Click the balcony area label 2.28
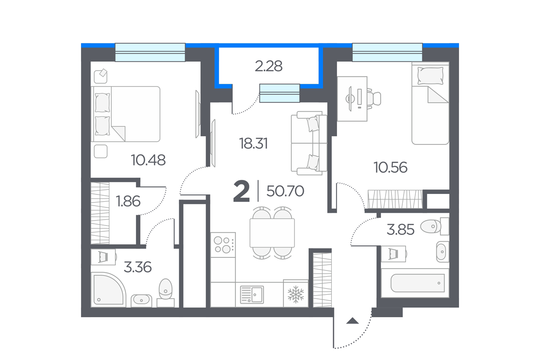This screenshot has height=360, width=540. point(269,66)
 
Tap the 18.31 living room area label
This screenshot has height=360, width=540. point(253,144)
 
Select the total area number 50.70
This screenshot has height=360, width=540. point(285,191)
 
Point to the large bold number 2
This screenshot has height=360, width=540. point(241,191)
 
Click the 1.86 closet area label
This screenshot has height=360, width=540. point(128,201)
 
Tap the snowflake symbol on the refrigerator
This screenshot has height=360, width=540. point(296,294)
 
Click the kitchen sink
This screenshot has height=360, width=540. point(252,294)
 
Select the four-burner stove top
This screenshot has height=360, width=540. point(223,245)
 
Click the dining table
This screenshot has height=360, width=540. point(272,233)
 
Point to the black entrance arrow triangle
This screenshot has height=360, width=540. point(352,321)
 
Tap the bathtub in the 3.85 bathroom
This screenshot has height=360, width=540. point(417,283)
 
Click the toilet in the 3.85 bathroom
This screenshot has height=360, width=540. point(434,226)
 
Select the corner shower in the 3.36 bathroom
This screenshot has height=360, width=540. point(108,290)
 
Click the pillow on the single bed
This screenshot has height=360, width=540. point(430,76)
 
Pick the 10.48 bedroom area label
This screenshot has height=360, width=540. point(148,160)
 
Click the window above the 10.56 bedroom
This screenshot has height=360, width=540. point(387,52)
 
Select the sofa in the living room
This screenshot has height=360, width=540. point(309,143)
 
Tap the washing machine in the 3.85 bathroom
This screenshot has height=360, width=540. point(394,254)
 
